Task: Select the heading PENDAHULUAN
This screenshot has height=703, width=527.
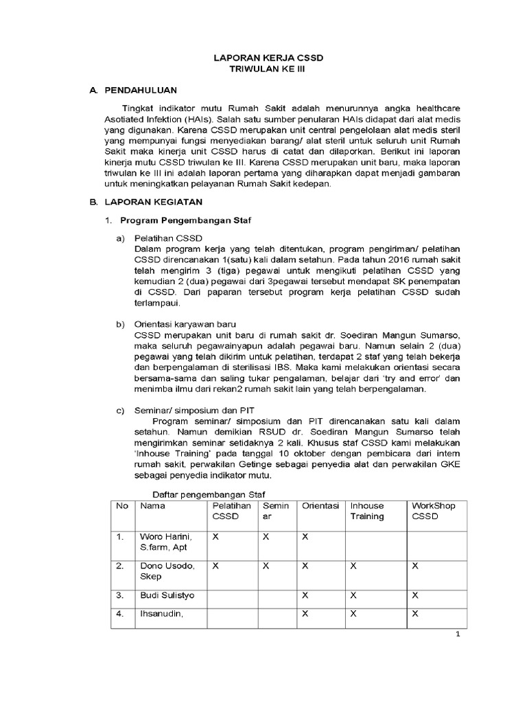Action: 141,91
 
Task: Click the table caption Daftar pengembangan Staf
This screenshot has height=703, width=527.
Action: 208,495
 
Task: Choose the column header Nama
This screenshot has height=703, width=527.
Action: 152,506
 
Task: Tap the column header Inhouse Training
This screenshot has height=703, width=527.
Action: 367,511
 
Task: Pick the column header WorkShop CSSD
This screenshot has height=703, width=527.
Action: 433,511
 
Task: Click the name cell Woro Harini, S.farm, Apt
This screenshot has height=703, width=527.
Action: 167,542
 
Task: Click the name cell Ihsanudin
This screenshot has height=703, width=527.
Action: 162,614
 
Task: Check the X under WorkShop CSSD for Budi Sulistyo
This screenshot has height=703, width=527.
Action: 415,595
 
